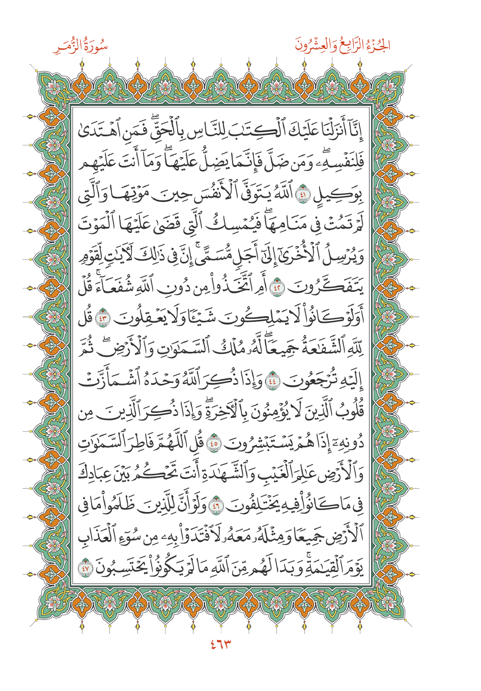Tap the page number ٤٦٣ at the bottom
220,644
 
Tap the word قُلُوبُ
350,412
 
